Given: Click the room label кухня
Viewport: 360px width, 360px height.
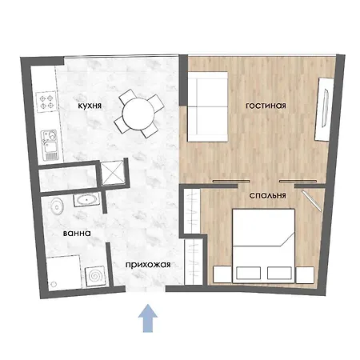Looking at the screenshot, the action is pyautogui.click(x=90, y=106).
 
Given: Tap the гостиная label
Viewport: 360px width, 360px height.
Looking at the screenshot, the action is pyautogui.click(x=266, y=106).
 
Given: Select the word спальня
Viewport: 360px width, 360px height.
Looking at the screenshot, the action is pyautogui.click(x=267, y=196).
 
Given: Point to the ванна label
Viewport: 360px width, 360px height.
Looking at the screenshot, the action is pyautogui.click(x=77, y=234).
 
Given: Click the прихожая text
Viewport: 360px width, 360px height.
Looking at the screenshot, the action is pyautogui.click(x=148, y=265).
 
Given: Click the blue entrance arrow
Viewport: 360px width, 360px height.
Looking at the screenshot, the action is pyautogui.click(x=148, y=318).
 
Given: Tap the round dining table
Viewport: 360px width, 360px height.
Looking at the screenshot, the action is pyautogui.click(x=138, y=114).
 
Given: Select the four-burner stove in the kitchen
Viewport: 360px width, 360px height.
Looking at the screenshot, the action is pyautogui.click(x=46, y=102).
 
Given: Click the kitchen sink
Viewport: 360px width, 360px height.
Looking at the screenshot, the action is pyautogui.click(x=50, y=145).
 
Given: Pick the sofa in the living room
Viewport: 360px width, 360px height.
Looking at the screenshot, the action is pyautogui.click(x=208, y=106).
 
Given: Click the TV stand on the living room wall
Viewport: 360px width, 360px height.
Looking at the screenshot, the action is pyautogui.click(x=324, y=110).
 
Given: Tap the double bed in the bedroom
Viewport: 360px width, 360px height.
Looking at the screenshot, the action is pyautogui.click(x=263, y=246).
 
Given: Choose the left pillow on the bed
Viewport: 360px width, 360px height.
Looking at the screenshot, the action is pyautogui.click(x=248, y=273).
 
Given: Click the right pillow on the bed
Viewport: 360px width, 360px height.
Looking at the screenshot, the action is pyautogui.click(x=279, y=273).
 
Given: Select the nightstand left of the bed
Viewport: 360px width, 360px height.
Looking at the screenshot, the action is pyautogui.click(x=222, y=274).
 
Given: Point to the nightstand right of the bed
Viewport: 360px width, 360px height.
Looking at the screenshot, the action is pyautogui.click(x=305, y=275).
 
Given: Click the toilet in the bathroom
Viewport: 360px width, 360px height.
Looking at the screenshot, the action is pyautogui.click(x=57, y=206).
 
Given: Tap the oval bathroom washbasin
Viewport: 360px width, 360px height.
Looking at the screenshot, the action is pyautogui.click(x=86, y=199).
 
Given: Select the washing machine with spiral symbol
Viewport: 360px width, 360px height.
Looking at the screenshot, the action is pyautogui.click(x=94, y=276).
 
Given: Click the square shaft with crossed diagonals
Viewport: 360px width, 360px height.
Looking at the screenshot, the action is pyautogui.click(x=113, y=173).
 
